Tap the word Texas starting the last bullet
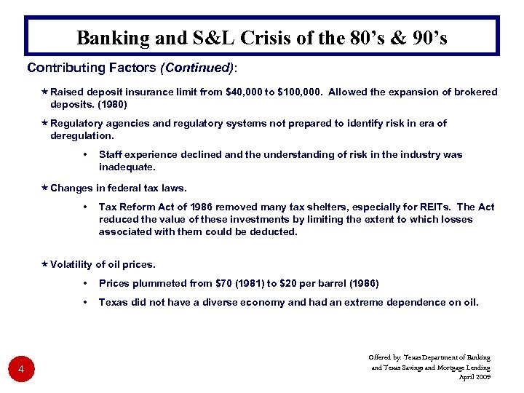[112, 302]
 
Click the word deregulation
[82, 135]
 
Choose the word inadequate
[127, 167]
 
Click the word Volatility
[71, 264]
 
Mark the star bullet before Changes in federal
[44, 188]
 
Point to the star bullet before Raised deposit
[44, 92]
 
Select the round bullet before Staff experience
[86, 155]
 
